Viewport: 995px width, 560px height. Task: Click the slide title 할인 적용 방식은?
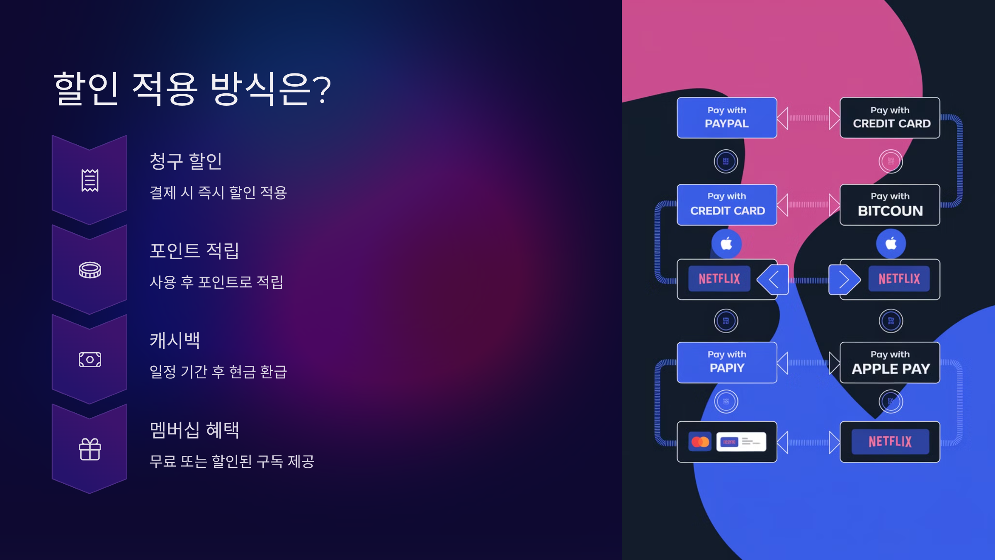click(192, 88)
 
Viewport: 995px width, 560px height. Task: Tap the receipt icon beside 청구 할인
click(90, 180)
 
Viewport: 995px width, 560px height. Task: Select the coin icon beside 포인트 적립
click(90, 270)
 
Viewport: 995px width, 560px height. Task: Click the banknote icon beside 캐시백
click(90, 360)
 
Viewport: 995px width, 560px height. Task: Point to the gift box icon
click(90, 449)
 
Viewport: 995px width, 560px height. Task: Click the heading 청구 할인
click(186, 161)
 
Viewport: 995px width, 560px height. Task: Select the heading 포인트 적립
click(194, 251)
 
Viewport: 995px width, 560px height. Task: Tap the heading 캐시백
click(175, 341)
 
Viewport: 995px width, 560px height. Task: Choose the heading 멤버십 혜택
click(194, 430)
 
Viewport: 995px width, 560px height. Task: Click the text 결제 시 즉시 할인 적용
click(218, 193)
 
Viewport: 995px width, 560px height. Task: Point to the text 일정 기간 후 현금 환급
click(218, 372)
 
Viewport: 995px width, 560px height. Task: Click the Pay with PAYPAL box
click(726, 118)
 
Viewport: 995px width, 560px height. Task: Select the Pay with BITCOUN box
click(890, 205)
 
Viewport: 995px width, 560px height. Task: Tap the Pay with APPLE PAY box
click(890, 363)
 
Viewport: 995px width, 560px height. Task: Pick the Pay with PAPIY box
click(726, 363)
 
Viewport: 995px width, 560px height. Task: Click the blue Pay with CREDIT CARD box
click(726, 205)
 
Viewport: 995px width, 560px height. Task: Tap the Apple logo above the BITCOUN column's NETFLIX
click(891, 243)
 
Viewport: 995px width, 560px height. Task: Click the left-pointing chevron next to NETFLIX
click(773, 280)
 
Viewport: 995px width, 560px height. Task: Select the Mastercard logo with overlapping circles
click(700, 442)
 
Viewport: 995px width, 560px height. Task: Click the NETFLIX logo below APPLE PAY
click(890, 442)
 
